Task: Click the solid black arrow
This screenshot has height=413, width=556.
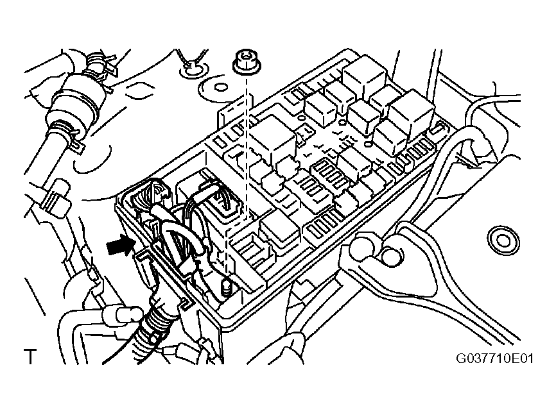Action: click(x=121, y=245)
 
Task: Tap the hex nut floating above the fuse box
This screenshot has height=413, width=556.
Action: click(x=247, y=63)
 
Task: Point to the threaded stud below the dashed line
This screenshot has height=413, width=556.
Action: click(x=226, y=286)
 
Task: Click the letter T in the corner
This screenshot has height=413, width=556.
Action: click(x=30, y=357)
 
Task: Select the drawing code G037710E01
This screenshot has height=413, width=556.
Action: click(x=494, y=358)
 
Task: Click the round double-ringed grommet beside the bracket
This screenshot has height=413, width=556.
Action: click(x=503, y=240)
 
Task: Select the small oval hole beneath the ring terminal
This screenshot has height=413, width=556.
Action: click(x=220, y=87)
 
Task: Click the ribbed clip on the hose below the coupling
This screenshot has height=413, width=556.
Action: click(x=55, y=198)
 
